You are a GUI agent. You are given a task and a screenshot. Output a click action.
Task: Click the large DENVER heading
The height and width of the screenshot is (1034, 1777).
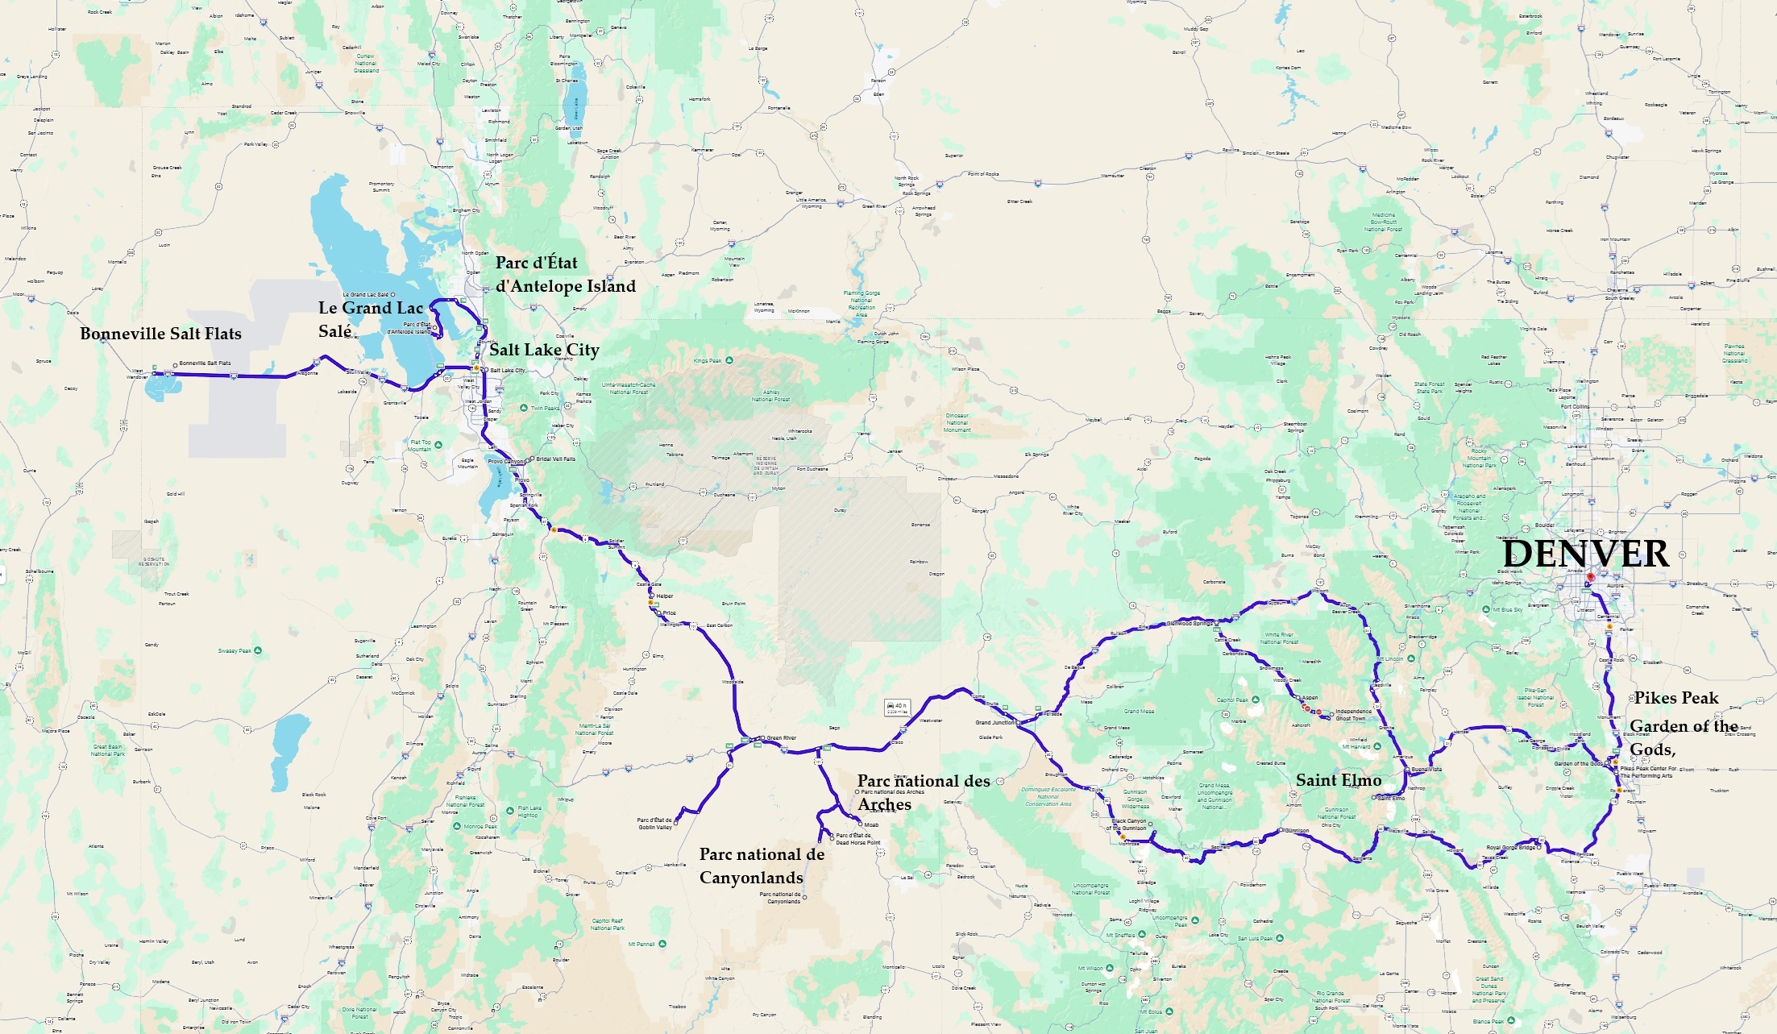pos(1585,554)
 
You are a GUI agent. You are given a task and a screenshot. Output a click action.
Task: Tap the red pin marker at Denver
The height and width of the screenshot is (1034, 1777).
pos(1590,577)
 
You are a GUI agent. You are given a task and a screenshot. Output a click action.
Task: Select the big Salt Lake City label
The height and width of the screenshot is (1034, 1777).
pos(544,350)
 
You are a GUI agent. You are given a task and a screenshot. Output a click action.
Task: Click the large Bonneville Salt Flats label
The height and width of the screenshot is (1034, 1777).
pos(160,334)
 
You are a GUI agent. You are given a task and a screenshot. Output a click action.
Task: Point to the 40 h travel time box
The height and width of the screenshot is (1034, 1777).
pos(897,708)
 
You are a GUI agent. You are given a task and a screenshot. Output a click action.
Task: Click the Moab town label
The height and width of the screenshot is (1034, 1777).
pos(871,824)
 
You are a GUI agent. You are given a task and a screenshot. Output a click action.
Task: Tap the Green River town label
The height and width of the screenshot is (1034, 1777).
pos(781,737)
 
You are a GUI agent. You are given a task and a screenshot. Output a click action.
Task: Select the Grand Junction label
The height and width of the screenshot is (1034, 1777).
pos(995,722)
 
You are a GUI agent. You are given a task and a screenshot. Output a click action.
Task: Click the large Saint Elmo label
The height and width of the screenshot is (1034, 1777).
pos(1338,780)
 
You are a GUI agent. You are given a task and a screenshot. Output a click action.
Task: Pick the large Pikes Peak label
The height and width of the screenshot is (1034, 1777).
pos(1676,698)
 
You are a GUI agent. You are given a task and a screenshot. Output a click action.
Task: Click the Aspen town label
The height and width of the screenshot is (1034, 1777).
pos(1310,698)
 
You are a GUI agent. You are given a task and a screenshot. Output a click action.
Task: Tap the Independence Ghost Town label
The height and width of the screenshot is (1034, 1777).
pos(1353,715)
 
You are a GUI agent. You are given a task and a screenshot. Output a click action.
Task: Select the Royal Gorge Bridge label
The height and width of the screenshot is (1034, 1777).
pos(1510,847)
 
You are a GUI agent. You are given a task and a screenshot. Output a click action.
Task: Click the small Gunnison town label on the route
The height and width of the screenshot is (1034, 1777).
pos(1297,830)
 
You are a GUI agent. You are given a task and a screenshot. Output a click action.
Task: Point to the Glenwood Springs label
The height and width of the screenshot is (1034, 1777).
pos(1190,623)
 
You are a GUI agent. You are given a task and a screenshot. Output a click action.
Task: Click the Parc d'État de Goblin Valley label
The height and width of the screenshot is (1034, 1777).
pos(654,824)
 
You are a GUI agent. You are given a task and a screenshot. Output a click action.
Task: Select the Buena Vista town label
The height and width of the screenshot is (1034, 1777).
pos(1426,769)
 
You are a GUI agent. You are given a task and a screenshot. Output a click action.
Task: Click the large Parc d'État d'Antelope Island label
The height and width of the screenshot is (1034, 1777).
pos(565,274)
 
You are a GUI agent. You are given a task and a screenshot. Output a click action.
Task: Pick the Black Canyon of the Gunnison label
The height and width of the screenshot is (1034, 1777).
pos(1128,824)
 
